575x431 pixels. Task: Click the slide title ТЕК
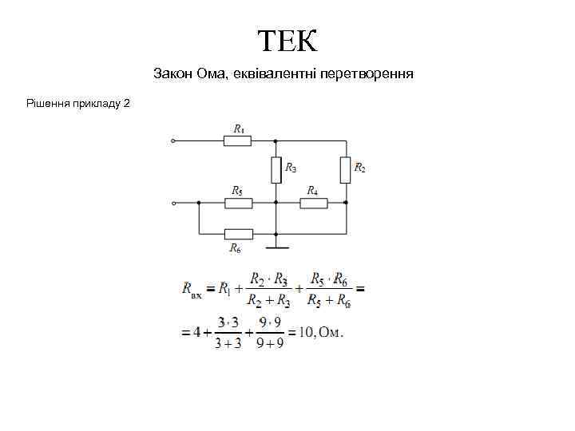[x=287, y=39]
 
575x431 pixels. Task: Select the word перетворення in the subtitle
[x=366, y=74]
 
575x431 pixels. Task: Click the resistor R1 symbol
[x=237, y=141]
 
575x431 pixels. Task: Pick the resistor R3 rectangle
[x=276, y=169]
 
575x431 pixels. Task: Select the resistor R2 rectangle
[x=346, y=169]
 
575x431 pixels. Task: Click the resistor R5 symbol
[x=239, y=203]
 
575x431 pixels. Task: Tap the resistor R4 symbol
[x=314, y=203]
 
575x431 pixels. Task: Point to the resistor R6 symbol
[x=239, y=234]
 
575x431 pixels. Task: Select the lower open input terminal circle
[x=173, y=203]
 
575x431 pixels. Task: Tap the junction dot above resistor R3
[x=276, y=141]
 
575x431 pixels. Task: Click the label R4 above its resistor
[x=313, y=191]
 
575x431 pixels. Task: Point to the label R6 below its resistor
[x=236, y=248]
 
